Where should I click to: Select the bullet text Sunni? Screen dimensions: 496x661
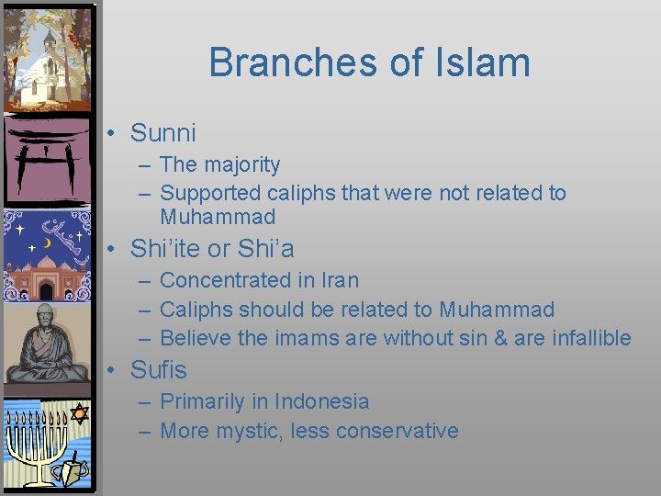point(163,133)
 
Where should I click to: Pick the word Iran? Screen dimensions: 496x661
point(340,280)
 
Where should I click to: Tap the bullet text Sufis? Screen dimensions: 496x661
point(159,370)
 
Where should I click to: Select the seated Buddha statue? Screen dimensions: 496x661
point(46,344)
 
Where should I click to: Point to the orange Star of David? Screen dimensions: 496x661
point(79,414)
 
